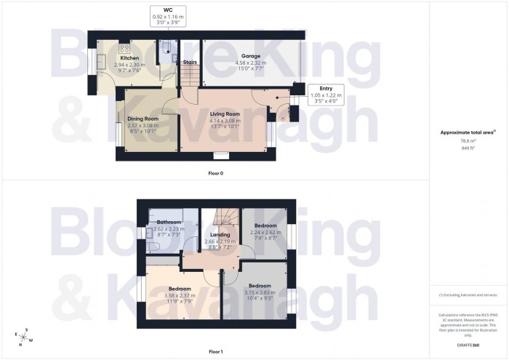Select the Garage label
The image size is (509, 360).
click(x=251, y=55)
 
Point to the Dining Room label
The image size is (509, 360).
click(x=143, y=119)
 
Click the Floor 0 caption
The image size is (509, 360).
click(x=215, y=174)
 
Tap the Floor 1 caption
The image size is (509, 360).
click(x=215, y=351)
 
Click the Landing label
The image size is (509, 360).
click(x=220, y=235)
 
